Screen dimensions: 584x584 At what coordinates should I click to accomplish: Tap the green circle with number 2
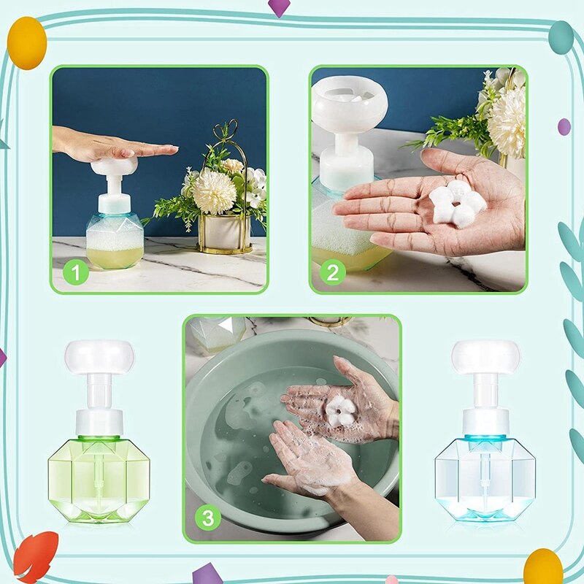(333, 273)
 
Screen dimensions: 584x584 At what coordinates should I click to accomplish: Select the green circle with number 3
(209, 519)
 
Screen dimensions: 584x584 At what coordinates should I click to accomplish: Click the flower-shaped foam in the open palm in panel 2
(457, 204)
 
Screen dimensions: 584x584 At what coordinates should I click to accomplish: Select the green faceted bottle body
(99, 478)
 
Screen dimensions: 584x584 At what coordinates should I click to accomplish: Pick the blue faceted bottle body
(485, 478)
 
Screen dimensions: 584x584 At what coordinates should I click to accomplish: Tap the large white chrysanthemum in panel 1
(214, 192)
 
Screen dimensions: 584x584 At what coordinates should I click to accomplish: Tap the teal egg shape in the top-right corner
(561, 37)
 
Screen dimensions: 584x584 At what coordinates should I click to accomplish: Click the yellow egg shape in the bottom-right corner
(542, 566)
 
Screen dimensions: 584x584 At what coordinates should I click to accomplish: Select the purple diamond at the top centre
(279, 7)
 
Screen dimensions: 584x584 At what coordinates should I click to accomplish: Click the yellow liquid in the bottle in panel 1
(115, 257)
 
